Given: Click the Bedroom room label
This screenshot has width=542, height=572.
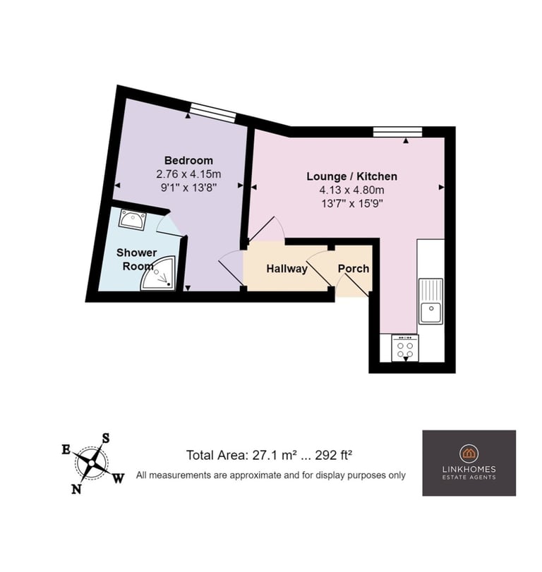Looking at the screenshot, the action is [x=188, y=160].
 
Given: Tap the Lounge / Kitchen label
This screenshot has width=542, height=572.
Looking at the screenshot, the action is [x=351, y=176].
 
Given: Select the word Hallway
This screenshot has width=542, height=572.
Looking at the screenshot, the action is [x=287, y=269].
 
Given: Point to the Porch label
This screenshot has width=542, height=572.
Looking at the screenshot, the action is [x=354, y=269].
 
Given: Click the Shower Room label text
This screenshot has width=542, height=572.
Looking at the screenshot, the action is [x=136, y=259].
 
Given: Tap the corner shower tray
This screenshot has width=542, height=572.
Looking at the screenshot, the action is [x=159, y=274].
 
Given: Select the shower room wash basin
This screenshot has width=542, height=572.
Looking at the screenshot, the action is [x=133, y=219].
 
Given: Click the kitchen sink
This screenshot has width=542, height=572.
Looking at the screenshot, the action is [x=430, y=301].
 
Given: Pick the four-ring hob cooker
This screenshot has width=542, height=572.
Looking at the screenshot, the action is [x=405, y=348].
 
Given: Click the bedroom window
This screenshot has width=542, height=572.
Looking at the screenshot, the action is [x=213, y=112].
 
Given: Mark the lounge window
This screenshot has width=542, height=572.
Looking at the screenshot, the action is [x=397, y=132].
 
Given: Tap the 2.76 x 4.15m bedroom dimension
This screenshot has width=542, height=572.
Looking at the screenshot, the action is [x=188, y=174].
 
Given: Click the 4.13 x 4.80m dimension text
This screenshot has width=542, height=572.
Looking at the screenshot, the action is [x=352, y=190].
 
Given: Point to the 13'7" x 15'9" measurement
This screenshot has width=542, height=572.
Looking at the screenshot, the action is [x=352, y=204].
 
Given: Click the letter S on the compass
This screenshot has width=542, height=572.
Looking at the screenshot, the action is [x=105, y=438].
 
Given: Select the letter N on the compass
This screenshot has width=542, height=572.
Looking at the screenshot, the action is [x=76, y=489].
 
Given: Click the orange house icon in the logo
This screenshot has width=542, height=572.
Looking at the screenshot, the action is [x=469, y=454].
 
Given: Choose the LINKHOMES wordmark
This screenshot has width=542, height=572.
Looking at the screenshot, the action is [x=469, y=469].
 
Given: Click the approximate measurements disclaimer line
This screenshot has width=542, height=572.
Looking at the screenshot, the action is [x=271, y=475].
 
